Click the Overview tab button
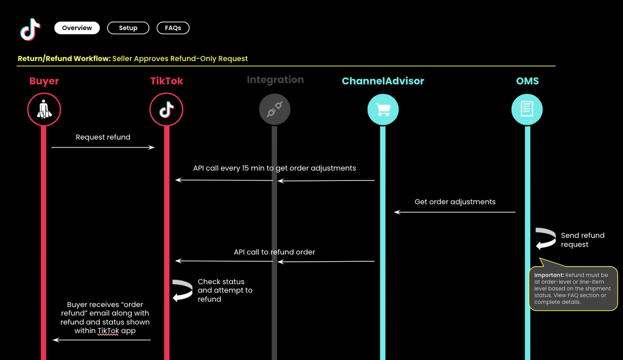tap(77, 28)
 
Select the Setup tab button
tap(128, 28)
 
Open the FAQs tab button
tap(173, 28)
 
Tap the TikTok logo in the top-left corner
tap(30, 29)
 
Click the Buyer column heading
tap(44, 81)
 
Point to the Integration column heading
tap(275, 80)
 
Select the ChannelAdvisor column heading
tap(383, 81)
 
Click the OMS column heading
tap(527, 81)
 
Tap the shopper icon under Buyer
tap(44, 109)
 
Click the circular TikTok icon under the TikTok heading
tap(166, 109)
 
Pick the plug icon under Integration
tap(275, 109)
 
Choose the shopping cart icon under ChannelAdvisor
tap(383, 109)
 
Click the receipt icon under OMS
tap(527, 109)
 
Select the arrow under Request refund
tap(103, 147)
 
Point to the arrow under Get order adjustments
tap(455, 212)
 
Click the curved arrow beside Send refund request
tap(546, 239)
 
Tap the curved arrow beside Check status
tap(183, 290)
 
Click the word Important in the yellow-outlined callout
tap(549, 275)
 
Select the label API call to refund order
tap(275, 252)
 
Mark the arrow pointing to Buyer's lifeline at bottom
tap(101, 340)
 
